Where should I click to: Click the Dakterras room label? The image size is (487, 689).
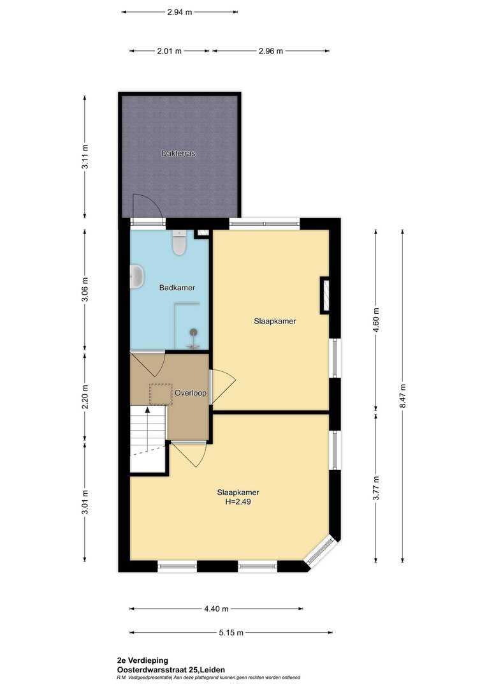[178, 153]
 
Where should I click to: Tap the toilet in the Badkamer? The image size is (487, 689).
[179, 242]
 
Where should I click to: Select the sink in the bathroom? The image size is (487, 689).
[137, 277]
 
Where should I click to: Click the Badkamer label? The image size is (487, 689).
[177, 288]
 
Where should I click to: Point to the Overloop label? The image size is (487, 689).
[191, 393]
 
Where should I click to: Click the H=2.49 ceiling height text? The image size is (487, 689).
[238, 501]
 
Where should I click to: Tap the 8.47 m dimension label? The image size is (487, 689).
[402, 396]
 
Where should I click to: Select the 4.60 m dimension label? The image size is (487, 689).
[376, 320]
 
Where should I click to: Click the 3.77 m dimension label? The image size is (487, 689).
[376, 488]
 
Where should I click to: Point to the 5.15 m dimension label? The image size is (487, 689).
[231, 633]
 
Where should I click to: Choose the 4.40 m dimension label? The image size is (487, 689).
[216, 609]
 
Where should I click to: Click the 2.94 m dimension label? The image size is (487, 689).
[180, 12]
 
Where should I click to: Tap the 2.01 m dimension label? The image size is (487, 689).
[169, 51]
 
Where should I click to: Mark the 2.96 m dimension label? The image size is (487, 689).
[270, 51]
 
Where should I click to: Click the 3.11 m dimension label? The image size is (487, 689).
[85, 156]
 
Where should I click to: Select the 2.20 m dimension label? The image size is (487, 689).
[85, 397]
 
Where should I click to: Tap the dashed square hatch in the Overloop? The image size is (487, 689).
[160, 394]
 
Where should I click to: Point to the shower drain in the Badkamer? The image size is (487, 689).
[193, 332]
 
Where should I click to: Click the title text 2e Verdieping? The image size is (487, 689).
[143, 660]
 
